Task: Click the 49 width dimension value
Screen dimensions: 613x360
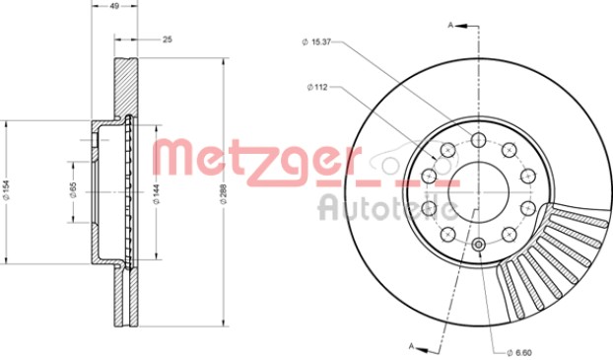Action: coord(114,6)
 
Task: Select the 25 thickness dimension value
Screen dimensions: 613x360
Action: coord(168,39)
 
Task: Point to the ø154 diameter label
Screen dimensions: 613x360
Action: coord(6,191)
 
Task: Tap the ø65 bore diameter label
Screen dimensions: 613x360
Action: coord(73,190)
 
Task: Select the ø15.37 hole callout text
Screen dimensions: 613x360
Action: coord(316,41)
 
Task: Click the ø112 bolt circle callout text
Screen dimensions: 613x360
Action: coord(316,87)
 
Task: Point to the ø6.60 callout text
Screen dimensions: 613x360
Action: coord(519,352)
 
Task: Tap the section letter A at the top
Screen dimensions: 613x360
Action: coord(450,26)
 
